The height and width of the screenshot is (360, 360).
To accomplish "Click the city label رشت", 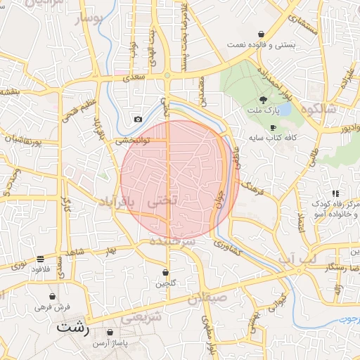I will tap(73, 328).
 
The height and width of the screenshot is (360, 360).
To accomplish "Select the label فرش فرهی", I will tap(53, 307).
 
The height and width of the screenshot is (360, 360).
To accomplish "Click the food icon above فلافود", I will tap(40, 259).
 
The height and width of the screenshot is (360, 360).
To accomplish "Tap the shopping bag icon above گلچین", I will tap(166, 272).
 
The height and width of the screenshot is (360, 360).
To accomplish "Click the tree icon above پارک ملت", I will tap(263, 100).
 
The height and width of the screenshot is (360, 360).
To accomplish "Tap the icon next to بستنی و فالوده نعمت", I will tap(262, 34).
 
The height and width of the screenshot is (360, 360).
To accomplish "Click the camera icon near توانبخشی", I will tap(138, 120).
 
